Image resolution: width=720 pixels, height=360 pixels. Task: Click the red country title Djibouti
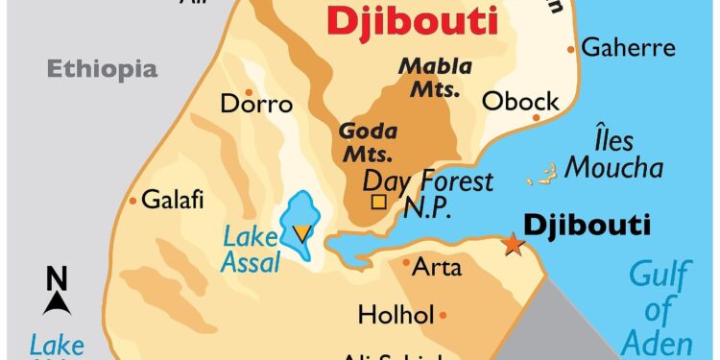pos(414,20)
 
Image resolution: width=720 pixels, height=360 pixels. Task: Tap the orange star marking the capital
pos(514,245)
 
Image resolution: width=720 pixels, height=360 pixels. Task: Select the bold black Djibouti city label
pos(587,226)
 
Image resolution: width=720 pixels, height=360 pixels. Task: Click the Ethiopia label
pos(102,68)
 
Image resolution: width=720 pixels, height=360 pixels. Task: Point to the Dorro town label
pos(256,103)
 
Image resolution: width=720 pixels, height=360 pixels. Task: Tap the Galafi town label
pos(173,201)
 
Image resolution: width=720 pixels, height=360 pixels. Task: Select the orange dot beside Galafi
pos(132,201)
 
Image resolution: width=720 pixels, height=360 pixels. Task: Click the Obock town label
pos(519,100)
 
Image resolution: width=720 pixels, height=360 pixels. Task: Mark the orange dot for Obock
pos(537,118)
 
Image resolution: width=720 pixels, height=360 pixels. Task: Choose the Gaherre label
pos(629,47)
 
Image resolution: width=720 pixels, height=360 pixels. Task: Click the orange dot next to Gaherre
pos(571,48)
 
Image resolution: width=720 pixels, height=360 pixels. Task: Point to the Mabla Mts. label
pos(435,78)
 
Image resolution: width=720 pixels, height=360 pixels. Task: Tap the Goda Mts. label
pos(367,142)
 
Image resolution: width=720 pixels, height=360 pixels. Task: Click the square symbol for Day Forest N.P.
pos(378,203)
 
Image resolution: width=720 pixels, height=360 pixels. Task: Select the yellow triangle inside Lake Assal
pos(301,231)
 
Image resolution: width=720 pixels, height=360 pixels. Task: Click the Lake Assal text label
pos(252,249)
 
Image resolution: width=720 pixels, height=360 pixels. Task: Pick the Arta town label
pos(437,267)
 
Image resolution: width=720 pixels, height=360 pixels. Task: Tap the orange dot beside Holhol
pos(443,314)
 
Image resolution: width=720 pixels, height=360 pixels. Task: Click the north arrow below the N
pos(57,302)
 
